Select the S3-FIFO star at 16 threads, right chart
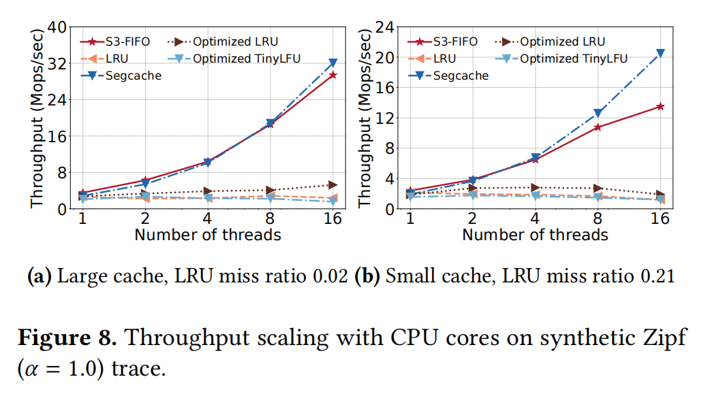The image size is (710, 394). (x=660, y=106)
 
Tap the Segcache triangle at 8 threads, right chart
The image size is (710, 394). (x=598, y=114)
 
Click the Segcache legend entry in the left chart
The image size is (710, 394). (x=123, y=76)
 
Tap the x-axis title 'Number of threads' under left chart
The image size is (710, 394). (x=207, y=235)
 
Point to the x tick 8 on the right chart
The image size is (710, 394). (x=598, y=218)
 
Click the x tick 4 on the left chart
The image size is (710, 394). (x=207, y=218)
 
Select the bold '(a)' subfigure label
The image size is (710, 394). (x=38, y=277)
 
